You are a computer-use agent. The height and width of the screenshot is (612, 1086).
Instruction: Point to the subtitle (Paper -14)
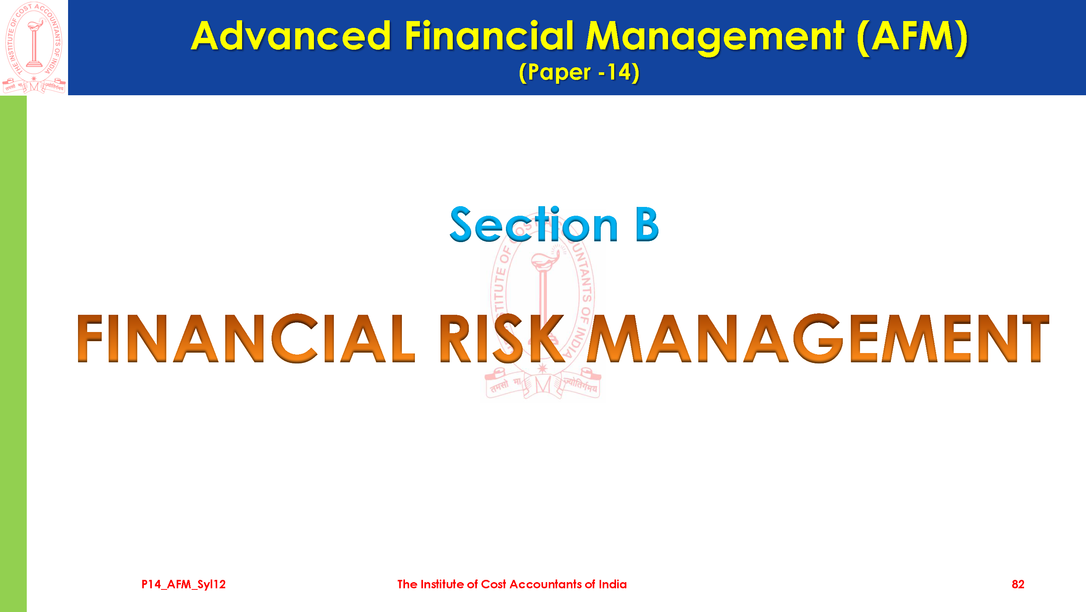tap(579, 72)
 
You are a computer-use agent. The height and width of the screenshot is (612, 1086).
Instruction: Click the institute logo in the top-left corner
tap(34, 47)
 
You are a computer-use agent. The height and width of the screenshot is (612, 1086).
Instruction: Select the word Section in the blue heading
tap(534, 225)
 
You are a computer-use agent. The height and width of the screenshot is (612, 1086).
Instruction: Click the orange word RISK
tap(502, 338)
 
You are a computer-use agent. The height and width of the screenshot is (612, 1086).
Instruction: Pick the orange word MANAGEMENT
tap(818, 338)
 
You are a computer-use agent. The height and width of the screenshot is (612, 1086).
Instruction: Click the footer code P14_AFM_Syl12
tap(184, 584)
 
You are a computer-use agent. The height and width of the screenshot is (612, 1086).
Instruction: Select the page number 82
tap(1018, 584)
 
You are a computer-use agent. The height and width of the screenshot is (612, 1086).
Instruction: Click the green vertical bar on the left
tap(13, 353)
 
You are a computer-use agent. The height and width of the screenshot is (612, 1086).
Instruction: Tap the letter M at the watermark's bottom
tap(543, 385)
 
